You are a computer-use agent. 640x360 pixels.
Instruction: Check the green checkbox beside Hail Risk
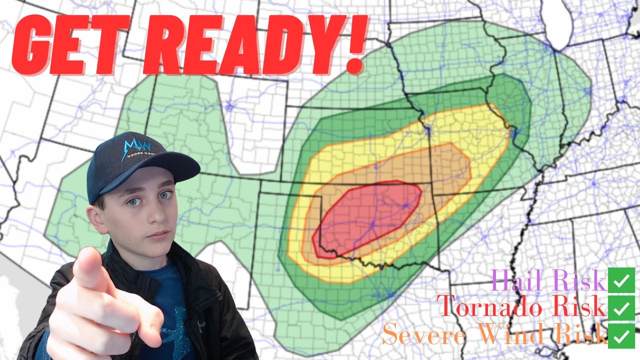621,280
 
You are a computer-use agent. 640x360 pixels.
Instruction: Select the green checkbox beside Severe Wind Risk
621,335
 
